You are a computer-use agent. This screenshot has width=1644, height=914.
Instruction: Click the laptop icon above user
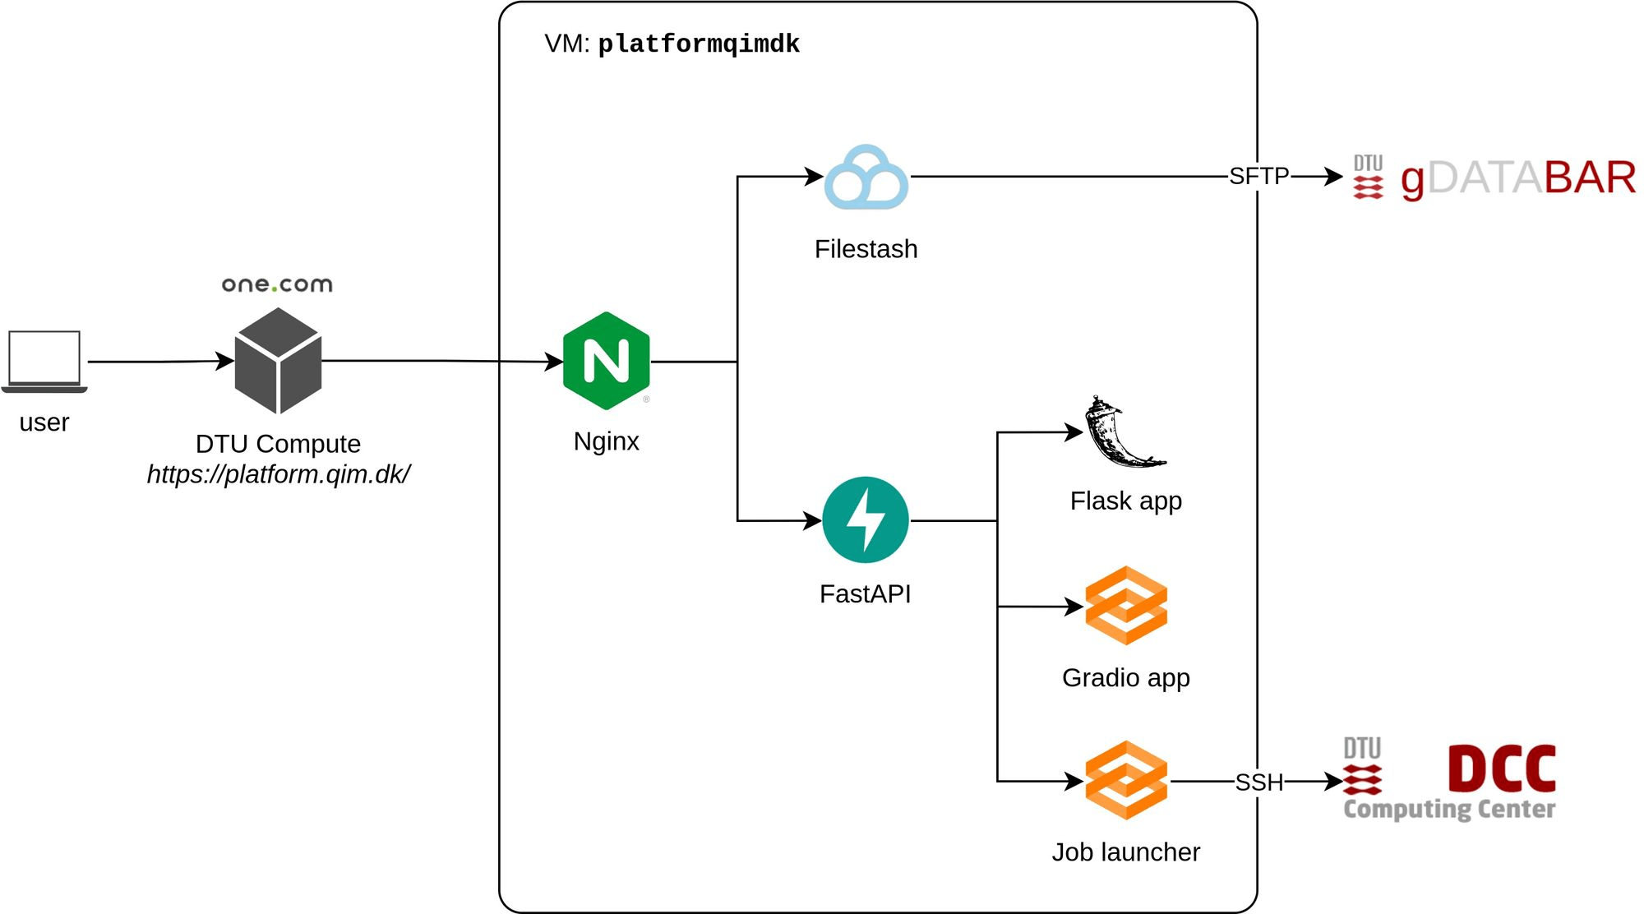[44, 360]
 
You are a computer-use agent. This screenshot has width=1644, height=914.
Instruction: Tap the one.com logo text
[277, 284]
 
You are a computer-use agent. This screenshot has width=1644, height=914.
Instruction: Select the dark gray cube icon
[278, 360]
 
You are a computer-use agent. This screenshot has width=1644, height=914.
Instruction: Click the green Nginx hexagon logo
[607, 360]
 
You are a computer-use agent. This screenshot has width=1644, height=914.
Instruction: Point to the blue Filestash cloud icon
[866, 177]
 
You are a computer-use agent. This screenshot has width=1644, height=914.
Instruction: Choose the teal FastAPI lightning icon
[866, 519]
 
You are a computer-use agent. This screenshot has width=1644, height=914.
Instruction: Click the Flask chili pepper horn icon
[1123, 433]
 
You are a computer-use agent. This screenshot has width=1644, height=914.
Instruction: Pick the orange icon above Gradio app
[1126, 606]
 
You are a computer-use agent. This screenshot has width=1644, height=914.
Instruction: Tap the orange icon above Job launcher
[1126, 780]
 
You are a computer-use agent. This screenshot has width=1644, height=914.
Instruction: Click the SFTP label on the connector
[1258, 176]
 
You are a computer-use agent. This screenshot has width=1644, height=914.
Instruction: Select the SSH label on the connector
[1258, 782]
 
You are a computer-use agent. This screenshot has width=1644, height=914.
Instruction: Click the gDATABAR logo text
[1517, 178]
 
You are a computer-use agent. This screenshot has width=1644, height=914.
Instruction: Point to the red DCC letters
[1501, 768]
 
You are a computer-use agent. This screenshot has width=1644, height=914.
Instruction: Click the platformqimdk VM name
[698, 44]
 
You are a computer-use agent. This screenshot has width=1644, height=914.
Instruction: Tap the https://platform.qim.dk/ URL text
[278, 474]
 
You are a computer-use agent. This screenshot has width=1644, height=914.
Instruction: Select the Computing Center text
[1449, 809]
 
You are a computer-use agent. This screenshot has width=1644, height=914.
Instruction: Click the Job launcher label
[1125, 852]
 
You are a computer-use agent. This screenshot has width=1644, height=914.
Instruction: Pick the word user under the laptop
[44, 422]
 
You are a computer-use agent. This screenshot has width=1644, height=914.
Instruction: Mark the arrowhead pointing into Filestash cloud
[815, 176]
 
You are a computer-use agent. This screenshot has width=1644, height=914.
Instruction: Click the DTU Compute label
[278, 444]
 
